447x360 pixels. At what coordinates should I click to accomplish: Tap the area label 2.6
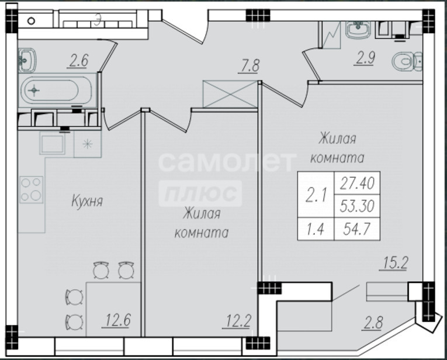(x=78, y=61)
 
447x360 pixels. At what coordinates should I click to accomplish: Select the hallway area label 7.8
(x=250, y=66)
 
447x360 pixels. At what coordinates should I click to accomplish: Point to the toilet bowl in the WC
(x=407, y=61)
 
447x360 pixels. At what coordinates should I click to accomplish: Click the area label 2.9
(x=365, y=58)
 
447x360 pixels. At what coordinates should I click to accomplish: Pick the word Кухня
(x=86, y=200)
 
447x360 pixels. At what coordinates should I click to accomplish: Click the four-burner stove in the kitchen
(x=32, y=189)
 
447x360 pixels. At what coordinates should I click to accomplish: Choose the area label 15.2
(x=393, y=263)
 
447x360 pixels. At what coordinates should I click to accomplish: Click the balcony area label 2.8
(x=372, y=324)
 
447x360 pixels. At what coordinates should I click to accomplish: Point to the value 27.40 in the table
(x=357, y=184)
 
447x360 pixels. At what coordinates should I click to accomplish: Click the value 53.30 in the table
(x=357, y=206)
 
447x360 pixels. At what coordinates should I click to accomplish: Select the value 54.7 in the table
(x=357, y=229)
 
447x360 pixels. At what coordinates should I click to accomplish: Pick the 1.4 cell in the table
(x=316, y=229)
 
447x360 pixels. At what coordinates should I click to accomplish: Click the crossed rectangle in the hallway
(x=230, y=94)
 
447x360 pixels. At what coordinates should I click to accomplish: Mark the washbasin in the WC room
(x=358, y=30)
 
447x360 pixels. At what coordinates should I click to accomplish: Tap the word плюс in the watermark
(x=200, y=193)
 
